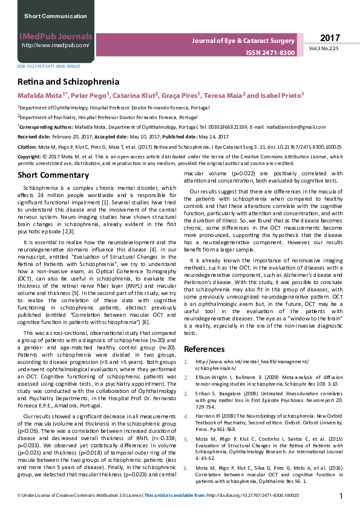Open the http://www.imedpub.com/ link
pos(55,45)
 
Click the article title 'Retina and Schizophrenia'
pos(68,82)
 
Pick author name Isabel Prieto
pos(281,96)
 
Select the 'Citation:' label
pos(27,146)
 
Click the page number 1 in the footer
pos(342,496)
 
